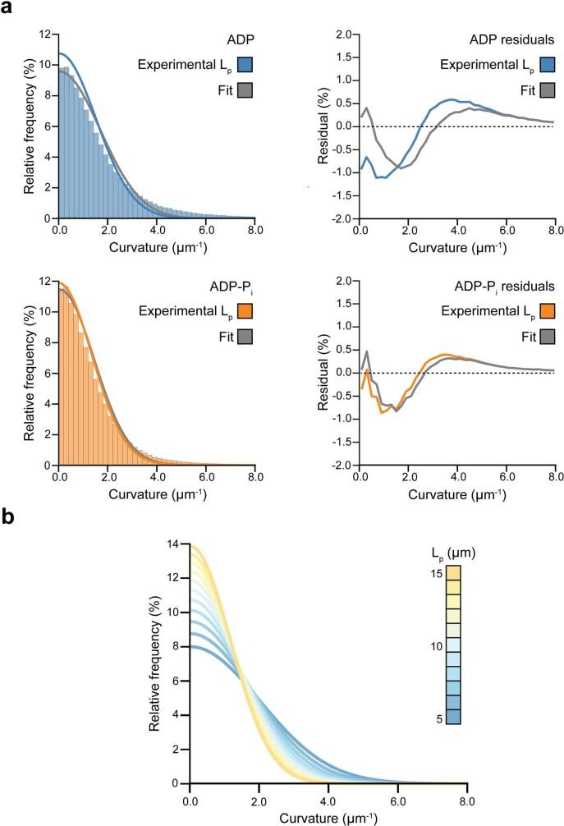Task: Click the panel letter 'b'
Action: (7, 519)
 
